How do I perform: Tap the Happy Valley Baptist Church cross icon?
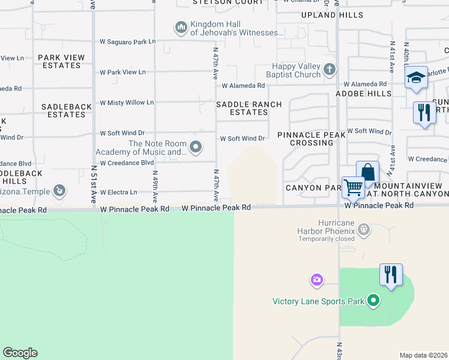(x=329, y=70)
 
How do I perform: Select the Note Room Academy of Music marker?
(x=195, y=146)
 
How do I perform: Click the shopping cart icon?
(x=353, y=187)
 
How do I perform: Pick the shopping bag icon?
(x=367, y=172)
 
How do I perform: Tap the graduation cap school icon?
(x=415, y=77)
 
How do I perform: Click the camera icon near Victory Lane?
(x=317, y=280)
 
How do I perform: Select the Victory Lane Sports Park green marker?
(x=373, y=301)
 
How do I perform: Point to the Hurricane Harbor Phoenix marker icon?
(x=364, y=230)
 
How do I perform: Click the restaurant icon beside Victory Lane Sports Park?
(x=391, y=275)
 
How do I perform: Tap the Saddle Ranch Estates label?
(x=249, y=108)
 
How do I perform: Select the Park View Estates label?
(x=61, y=61)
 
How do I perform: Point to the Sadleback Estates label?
(x=67, y=110)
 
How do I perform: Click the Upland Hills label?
(x=332, y=14)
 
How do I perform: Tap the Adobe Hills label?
(x=363, y=94)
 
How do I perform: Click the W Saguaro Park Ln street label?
(x=127, y=42)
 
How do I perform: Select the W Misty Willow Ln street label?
(x=127, y=103)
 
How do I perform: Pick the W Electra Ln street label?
(x=119, y=193)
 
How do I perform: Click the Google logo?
(x=20, y=353)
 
